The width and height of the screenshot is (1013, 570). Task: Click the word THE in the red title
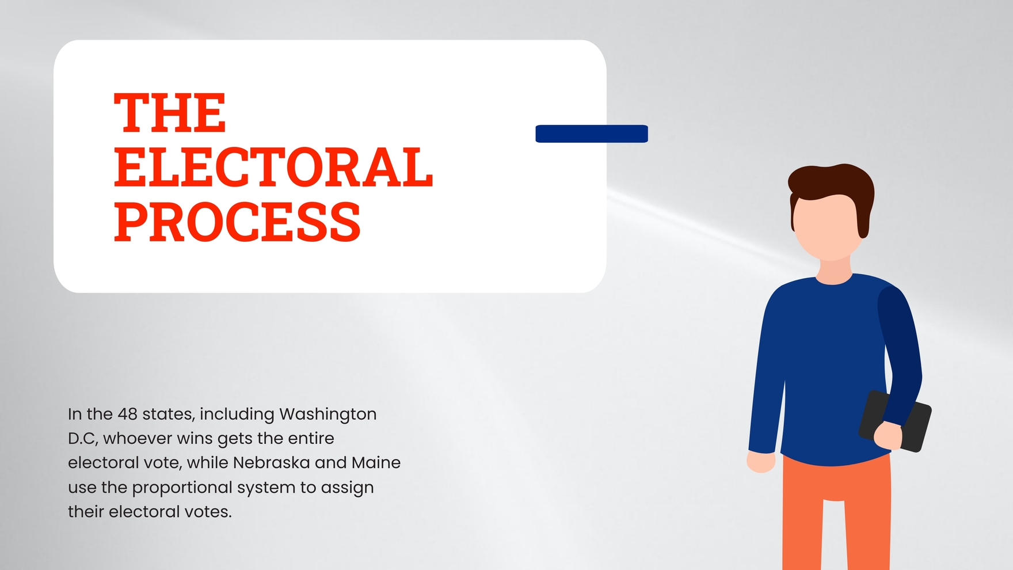click(x=170, y=113)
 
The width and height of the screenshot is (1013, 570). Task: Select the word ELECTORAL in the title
click(x=273, y=168)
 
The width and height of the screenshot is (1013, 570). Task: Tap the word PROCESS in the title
click(x=237, y=222)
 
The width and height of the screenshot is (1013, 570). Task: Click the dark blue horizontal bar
click(x=592, y=134)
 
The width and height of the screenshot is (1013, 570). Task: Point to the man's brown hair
click(x=832, y=181)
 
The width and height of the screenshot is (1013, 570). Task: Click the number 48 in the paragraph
click(x=127, y=414)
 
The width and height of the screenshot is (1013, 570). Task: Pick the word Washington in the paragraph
click(x=327, y=415)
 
